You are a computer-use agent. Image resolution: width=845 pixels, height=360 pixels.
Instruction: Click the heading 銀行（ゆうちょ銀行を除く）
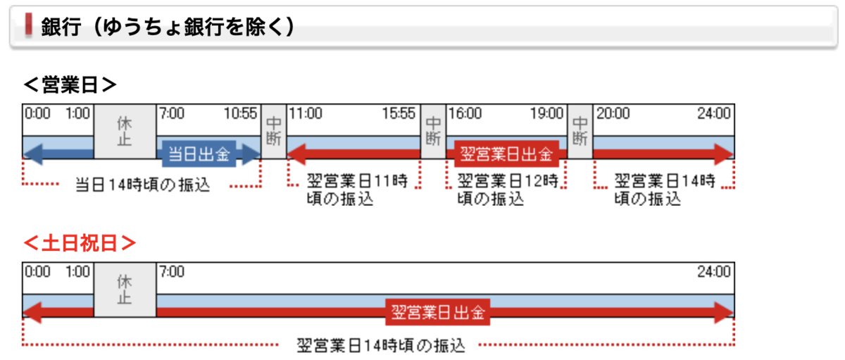click(x=168, y=27)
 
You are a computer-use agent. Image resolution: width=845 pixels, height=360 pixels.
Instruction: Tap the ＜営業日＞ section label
click(x=70, y=85)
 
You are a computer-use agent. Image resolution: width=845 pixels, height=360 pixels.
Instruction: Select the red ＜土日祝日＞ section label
click(x=79, y=243)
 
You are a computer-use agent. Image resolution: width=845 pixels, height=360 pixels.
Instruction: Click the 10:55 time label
click(x=242, y=113)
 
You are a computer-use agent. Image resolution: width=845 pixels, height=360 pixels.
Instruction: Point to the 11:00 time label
click(x=306, y=113)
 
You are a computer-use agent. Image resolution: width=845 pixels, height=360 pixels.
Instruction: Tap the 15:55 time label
click(x=399, y=113)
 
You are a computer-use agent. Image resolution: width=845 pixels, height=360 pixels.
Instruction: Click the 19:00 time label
click(x=546, y=113)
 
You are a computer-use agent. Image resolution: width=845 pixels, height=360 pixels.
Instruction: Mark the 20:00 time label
click(x=613, y=113)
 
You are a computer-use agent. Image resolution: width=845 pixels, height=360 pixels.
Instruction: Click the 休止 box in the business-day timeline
click(x=125, y=132)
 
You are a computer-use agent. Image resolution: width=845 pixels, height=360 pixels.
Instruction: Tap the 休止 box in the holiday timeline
click(x=125, y=290)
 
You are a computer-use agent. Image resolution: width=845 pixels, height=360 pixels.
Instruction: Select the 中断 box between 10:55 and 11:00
click(x=274, y=130)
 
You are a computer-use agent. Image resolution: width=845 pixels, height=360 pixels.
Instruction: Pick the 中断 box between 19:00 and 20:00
click(x=580, y=130)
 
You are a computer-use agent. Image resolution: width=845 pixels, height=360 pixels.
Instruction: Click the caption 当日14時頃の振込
click(x=142, y=185)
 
